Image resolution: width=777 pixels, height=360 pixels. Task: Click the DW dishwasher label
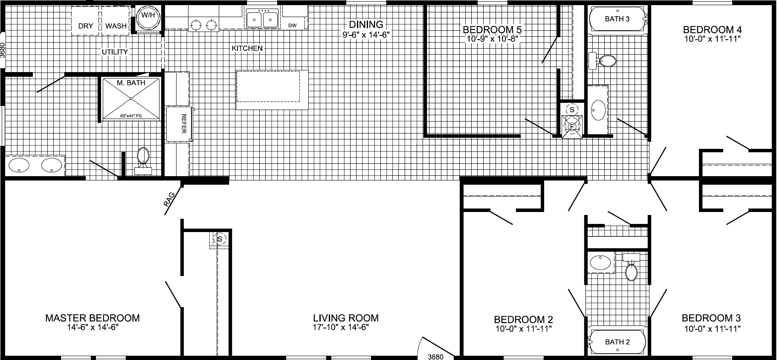click(x=292, y=26)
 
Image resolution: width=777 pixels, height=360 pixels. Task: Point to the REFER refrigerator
click(x=180, y=124)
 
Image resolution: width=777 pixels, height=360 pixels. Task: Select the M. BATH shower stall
click(x=131, y=99)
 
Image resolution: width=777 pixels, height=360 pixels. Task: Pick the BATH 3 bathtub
click(x=617, y=19)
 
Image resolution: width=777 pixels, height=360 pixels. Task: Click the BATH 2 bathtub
click(x=617, y=342)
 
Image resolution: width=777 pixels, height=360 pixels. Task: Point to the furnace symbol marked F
click(x=571, y=127)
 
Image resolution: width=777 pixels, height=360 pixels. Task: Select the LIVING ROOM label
click(x=345, y=318)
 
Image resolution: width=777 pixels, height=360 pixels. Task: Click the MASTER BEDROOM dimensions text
click(x=92, y=328)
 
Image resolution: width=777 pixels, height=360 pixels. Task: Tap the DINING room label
click(x=366, y=25)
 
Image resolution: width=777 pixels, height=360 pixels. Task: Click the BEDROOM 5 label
click(x=493, y=30)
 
